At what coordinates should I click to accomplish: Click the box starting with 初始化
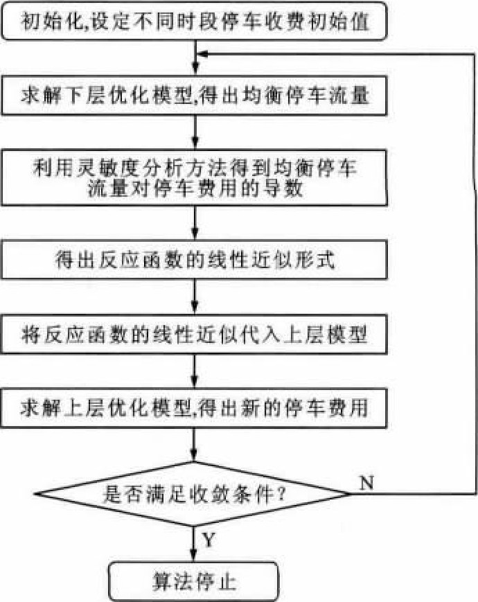pyautogui.click(x=194, y=21)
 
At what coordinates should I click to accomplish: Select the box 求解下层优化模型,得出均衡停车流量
pyautogui.click(x=194, y=96)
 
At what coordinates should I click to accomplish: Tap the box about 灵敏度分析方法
pyautogui.click(x=194, y=178)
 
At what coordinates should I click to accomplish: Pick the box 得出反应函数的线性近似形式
pyautogui.click(x=194, y=260)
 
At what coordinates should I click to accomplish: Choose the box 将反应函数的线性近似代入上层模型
pyautogui.click(x=194, y=334)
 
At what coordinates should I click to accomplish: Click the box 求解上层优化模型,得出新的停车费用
pyautogui.click(x=194, y=408)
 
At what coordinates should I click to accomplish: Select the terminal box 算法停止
pyautogui.click(x=193, y=581)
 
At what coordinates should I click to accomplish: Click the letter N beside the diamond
pyautogui.click(x=366, y=482)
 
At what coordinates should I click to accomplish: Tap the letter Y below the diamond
pyautogui.click(x=209, y=540)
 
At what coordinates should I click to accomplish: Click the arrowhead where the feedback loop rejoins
pyautogui.click(x=202, y=54)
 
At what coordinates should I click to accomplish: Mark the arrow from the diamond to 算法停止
pyautogui.click(x=193, y=544)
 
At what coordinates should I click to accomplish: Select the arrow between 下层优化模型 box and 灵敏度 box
pyautogui.click(x=195, y=132)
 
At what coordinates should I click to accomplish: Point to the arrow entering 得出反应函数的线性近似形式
pyautogui.click(x=195, y=223)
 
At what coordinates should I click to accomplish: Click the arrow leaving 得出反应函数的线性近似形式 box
pyautogui.click(x=195, y=296)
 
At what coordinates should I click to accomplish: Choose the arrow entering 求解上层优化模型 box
pyautogui.click(x=195, y=371)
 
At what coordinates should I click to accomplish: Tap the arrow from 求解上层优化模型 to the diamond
pyautogui.click(x=194, y=445)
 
